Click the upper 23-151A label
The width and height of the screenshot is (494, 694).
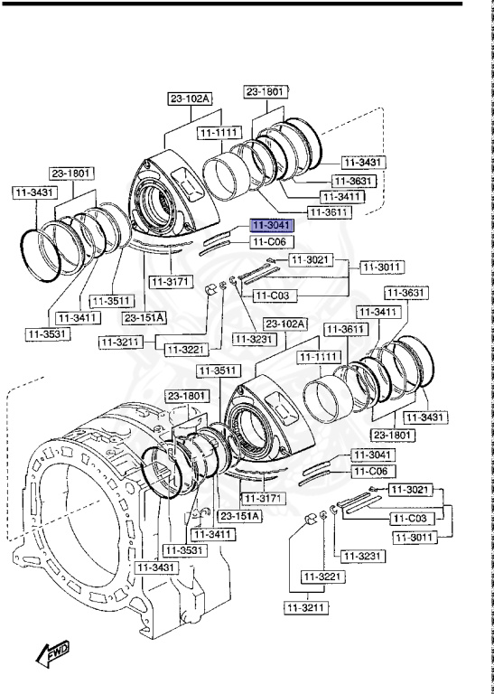[x=144, y=317]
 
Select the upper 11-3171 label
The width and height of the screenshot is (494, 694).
[x=169, y=283]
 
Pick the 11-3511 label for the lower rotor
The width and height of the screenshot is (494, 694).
[x=217, y=370]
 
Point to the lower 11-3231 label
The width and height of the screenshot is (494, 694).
[x=355, y=556]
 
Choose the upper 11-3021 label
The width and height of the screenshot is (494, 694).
[x=311, y=260]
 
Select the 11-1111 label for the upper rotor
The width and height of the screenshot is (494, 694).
[x=218, y=133]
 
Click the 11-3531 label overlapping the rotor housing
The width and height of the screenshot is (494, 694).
[x=183, y=549]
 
